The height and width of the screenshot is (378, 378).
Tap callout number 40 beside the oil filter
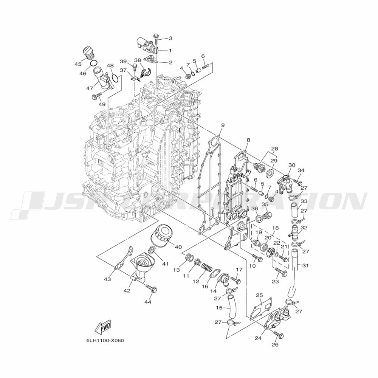(x=178, y=246)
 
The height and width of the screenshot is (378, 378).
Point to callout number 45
(x=78, y=64)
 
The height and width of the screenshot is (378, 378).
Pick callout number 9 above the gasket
(x=223, y=125)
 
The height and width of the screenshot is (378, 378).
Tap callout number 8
(x=248, y=140)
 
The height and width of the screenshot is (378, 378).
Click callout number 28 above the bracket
(x=274, y=149)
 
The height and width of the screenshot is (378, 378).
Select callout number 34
(x=301, y=170)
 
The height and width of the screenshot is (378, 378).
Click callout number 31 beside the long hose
(x=305, y=265)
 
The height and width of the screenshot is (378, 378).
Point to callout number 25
(x=259, y=295)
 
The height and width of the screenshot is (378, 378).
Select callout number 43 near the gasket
(x=107, y=279)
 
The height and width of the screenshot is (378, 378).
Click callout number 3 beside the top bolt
(x=170, y=38)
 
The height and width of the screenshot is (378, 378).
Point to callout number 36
(x=255, y=208)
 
